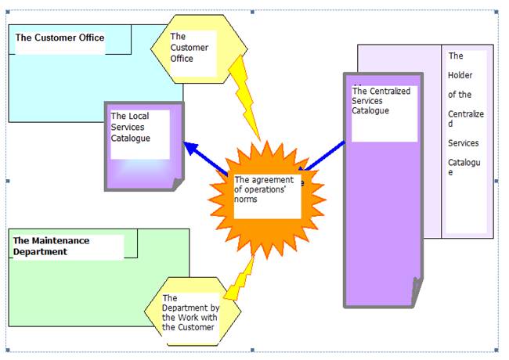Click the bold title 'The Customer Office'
[60, 38]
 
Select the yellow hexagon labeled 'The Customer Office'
[199, 49]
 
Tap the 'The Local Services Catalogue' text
[130, 127]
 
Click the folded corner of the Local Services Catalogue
[179, 184]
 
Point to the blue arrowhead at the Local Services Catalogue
[191, 148]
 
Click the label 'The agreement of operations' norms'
[264, 189]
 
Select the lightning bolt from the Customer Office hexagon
[244, 98]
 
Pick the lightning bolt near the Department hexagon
[240, 279]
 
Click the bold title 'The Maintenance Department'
[51, 247]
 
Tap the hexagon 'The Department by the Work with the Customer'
[193, 311]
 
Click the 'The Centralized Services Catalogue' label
[381, 100]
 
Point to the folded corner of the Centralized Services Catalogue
[417, 292]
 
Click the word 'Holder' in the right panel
[460, 75]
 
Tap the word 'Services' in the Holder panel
[464, 143]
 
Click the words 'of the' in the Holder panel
[460, 95]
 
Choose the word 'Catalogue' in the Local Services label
[130, 139]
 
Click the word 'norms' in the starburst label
[245, 199]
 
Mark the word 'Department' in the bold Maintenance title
[40, 252]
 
